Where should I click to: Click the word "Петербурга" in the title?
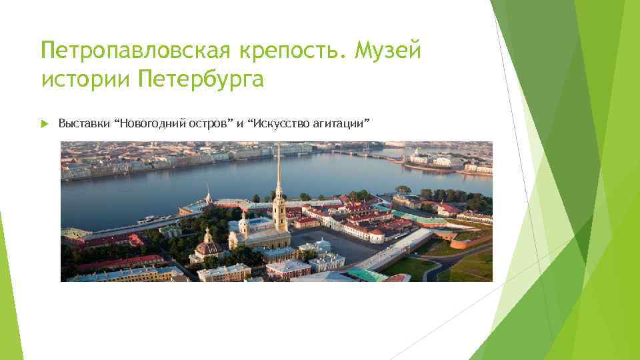click(201, 81)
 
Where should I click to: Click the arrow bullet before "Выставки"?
click(45, 123)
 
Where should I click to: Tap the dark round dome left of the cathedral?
click(209, 247)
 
